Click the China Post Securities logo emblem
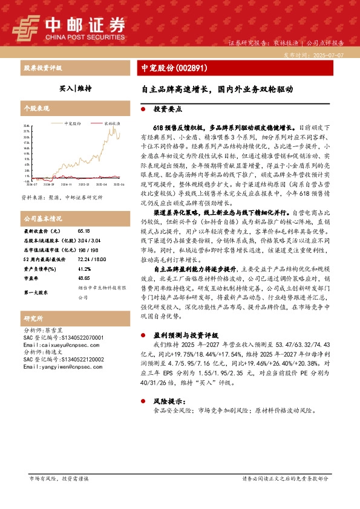(x=25, y=26)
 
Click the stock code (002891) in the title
(x=192, y=68)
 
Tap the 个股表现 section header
(x=36, y=108)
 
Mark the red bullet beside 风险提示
(x=142, y=401)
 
